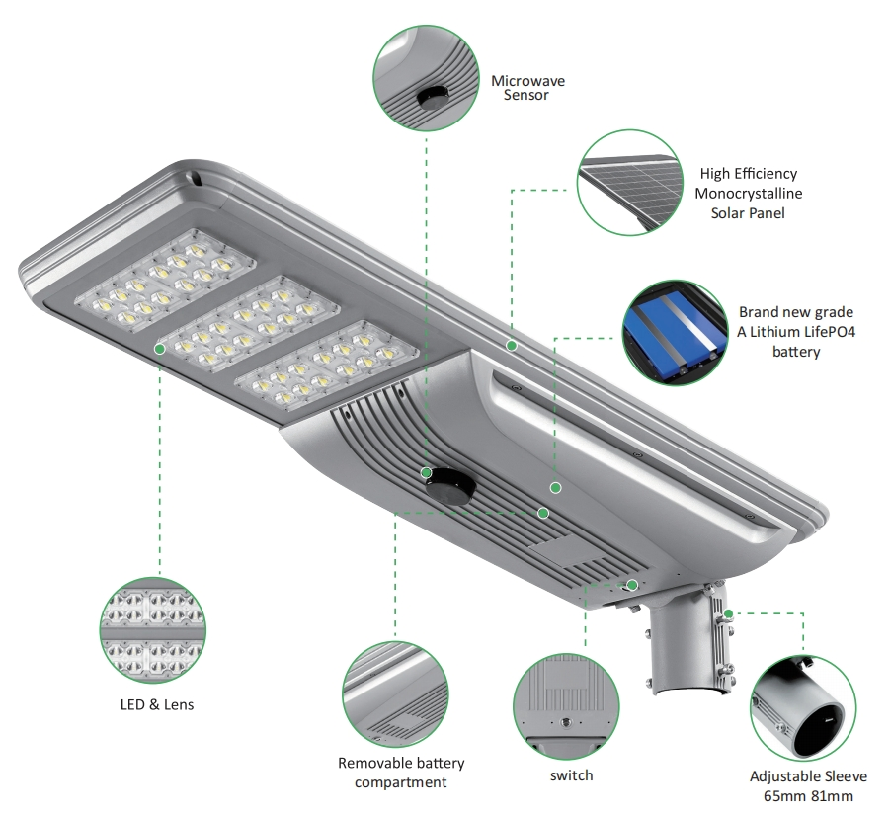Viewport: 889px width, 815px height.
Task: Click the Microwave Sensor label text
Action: click(527, 88)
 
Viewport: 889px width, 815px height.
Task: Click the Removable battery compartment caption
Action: click(401, 773)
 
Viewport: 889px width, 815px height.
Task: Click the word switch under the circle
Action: click(571, 775)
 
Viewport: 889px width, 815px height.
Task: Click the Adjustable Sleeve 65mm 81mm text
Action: click(801, 786)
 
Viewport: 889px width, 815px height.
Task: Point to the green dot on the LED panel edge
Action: click(159, 349)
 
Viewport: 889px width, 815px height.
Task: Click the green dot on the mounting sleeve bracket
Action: click(729, 613)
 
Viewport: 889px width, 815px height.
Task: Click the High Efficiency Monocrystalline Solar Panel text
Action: click(748, 194)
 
